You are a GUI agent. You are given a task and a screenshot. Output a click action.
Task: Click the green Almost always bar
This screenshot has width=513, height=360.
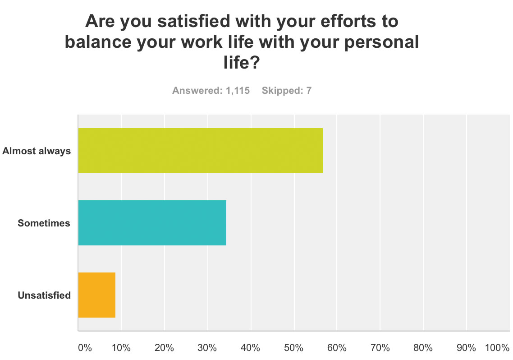[x=201, y=151]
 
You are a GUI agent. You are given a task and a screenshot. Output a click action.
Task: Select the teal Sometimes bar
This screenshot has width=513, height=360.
[x=152, y=223]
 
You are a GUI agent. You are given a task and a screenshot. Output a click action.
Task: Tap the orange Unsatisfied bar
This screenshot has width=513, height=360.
[x=97, y=295]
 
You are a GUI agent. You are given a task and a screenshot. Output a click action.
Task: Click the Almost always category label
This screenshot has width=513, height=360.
[x=37, y=151]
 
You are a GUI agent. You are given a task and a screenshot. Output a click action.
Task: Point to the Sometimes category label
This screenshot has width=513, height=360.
[x=44, y=223]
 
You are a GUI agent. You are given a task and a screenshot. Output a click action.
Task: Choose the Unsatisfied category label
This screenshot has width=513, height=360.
[x=44, y=295]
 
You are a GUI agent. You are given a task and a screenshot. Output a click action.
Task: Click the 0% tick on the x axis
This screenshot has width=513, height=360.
[x=85, y=348]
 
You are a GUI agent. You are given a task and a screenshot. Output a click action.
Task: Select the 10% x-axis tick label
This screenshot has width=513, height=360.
[x=121, y=348]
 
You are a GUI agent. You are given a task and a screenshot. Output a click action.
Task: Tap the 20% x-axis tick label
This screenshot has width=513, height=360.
[x=164, y=348]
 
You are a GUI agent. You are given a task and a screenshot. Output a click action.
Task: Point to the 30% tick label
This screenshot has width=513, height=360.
[x=207, y=348]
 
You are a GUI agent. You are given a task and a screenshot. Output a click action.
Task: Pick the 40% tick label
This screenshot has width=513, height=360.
[x=250, y=348]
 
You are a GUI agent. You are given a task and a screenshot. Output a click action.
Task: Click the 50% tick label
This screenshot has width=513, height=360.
[x=293, y=348]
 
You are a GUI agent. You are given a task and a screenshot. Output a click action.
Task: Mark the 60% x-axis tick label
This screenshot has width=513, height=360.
[x=337, y=348]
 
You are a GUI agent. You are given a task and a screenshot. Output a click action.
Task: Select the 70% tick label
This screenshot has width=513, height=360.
[x=380, y=348]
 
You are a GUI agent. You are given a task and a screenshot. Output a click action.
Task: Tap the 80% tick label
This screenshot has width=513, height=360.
[x=423, y=348]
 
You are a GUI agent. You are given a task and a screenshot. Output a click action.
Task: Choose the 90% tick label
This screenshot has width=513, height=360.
[x=466, y=348]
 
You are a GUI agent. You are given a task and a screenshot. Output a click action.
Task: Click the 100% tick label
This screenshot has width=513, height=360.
[x=497, y=348]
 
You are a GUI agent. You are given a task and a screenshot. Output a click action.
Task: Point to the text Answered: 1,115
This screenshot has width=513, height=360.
[x=211, y=90]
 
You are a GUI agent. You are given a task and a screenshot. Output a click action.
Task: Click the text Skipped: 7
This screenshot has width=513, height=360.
[x=287, y=90]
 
